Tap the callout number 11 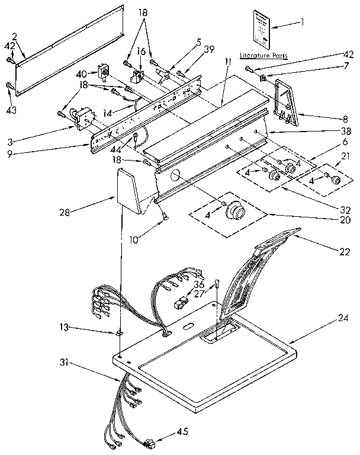227,62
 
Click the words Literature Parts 263,55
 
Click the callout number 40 82,74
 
